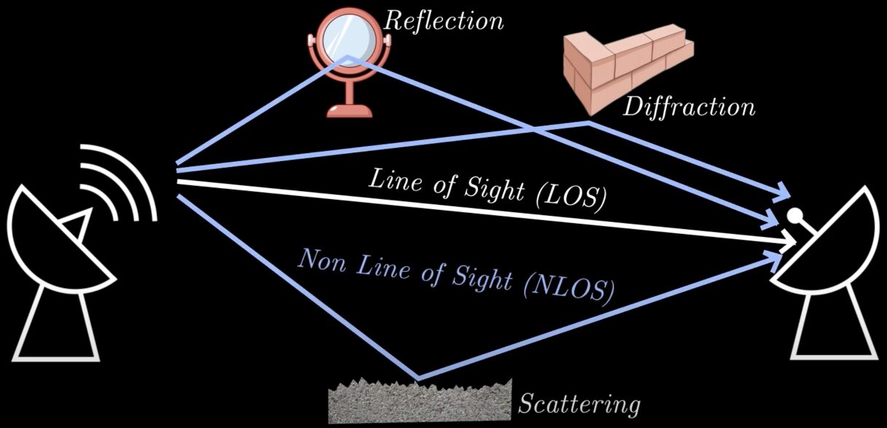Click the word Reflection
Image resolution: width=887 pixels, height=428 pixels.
point(443,20)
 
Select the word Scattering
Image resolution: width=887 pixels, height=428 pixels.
point(579,403)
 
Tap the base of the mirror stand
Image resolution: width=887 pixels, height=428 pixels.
point(349,110)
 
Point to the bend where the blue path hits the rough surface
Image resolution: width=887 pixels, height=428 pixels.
point(418,378)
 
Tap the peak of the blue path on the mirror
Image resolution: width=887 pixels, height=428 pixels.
point(348,57)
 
